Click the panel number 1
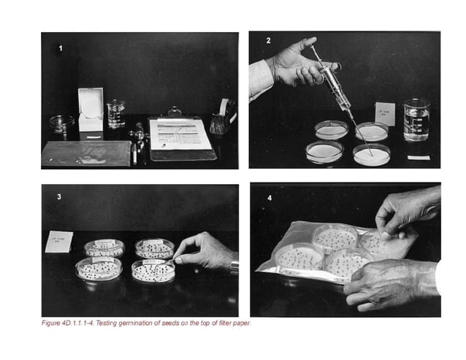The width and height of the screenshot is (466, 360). click(x=61, y=49)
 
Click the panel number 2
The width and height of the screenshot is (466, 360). click(x=268, y=40)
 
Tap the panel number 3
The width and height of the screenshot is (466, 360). click(x=58, y=196)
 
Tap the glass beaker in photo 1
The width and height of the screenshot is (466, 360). click(x=115, y=114)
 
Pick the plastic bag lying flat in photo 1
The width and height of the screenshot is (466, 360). click(x=86, y=153)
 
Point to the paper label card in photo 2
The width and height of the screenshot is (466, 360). click(x=385, y=114)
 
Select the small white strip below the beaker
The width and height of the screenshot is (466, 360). click(x=418, y=157)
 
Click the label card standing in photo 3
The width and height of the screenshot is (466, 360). click(x=58, y=242)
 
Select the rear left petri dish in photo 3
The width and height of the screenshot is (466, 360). click(x=104, y=248)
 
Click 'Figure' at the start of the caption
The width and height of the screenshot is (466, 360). click(x=50, y=323)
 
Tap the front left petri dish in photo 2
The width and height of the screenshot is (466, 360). click(x=324, y=152)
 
